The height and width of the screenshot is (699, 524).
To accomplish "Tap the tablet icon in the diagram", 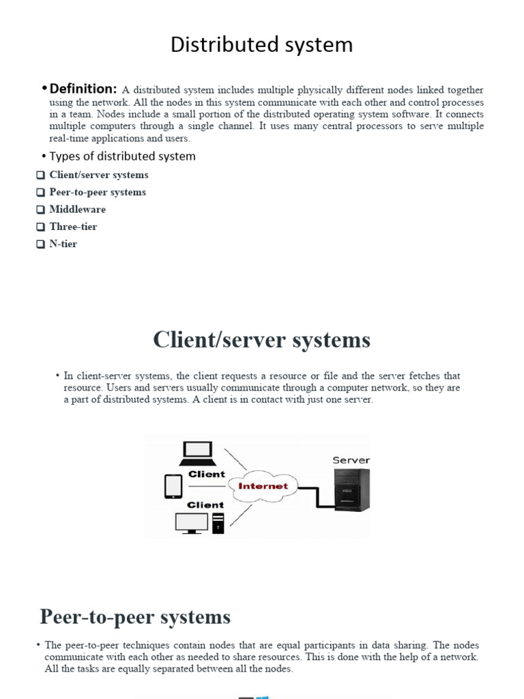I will pos(173,486).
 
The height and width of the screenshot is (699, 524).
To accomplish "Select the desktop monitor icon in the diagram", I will pos(192,522).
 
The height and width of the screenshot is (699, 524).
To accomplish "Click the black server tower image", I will pos(352,490).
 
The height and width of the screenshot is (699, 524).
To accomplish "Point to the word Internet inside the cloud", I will pos(263,486).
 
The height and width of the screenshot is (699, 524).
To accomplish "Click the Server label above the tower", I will pos(351,460).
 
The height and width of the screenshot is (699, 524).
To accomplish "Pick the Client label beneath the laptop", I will pos(206,474).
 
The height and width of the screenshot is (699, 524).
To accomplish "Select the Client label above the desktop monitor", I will pos(205,505).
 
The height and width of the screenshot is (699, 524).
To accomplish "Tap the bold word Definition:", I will pos(83,89).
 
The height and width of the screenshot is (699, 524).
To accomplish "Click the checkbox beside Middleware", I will pos(40,210).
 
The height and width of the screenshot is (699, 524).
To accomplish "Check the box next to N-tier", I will pos(40,244).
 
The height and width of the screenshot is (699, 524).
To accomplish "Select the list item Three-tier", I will pos(73,227).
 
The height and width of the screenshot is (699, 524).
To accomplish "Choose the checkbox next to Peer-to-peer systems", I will pos(40,193).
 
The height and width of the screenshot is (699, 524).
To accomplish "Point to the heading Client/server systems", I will pos(262,339).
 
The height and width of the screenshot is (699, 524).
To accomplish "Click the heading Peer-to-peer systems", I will pos(135,617).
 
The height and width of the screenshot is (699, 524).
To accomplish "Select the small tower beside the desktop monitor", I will pos(218,523).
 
